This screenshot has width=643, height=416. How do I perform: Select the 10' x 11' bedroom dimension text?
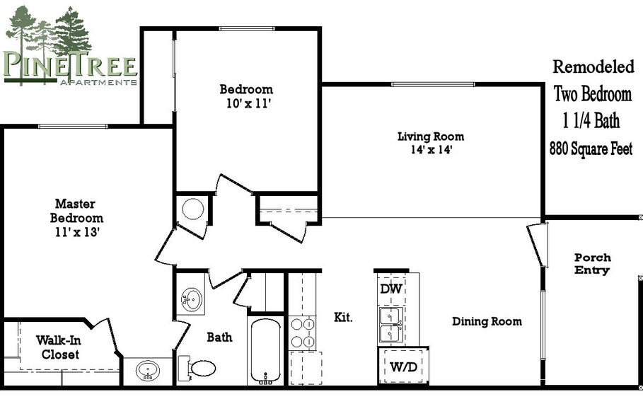click(x=245, y=103)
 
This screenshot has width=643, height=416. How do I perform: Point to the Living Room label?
click(x=430, y=137)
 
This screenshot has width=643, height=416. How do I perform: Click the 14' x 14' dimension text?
click(x=430, y=150)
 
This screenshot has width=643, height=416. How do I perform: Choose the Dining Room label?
click(x=487, y=322)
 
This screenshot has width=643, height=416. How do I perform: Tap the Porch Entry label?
click(x=592, y=264)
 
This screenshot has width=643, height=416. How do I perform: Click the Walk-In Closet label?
click(x=60, y=347)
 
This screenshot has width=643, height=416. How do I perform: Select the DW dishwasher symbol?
click(x=390, y=289)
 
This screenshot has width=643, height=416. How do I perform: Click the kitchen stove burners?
click(x=303, y=333)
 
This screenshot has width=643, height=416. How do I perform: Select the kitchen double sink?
click(x=390, y=325)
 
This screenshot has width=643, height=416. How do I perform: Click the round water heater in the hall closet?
click(x=192, y=209)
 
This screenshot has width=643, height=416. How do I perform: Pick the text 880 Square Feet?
click(x=591, y=149)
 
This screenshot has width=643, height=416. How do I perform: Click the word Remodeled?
click(x=593, y=67)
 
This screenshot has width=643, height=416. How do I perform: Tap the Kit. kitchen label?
click(x=343, y=318)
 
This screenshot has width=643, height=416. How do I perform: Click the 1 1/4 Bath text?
click(x=591, y=121)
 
